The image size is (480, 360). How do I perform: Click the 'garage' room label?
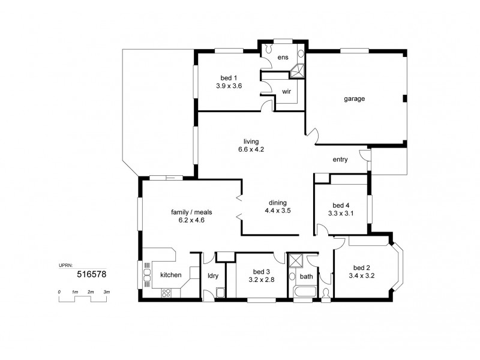click(355, 98)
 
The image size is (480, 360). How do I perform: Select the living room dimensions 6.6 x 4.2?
click(250, 149)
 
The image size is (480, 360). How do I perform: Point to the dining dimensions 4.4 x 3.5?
click(278, 211)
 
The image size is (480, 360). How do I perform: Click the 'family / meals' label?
click(191, 212)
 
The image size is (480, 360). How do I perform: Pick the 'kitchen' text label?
click(170, 275)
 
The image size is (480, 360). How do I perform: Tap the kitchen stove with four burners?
click(166, 293)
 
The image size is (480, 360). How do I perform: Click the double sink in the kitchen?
click(147, 275)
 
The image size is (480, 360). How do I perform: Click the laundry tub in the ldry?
click(220, 293)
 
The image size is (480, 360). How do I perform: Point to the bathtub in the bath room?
click(302, 293)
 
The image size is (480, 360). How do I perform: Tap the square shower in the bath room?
click(296, 261)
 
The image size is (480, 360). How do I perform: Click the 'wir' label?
click(286, 92)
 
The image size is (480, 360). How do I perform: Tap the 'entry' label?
click(340, 159)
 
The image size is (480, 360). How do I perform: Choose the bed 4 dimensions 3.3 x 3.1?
click(340, 212)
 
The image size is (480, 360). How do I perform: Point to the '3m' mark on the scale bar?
click(107, 292)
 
